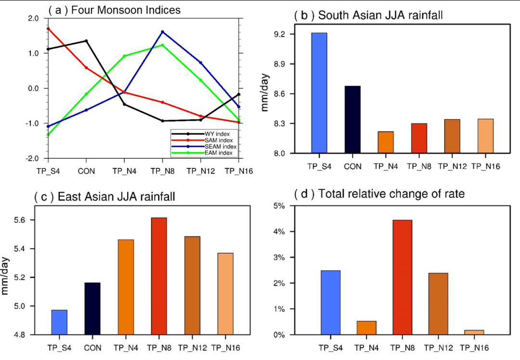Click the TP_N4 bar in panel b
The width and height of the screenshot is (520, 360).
coord(385,142)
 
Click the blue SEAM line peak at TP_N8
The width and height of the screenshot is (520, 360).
coord(162,32)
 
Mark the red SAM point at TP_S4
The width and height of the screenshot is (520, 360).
coord(48,28)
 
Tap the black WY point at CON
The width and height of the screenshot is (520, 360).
coord(86,41)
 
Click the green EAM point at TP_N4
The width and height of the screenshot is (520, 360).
coord(124,56)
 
